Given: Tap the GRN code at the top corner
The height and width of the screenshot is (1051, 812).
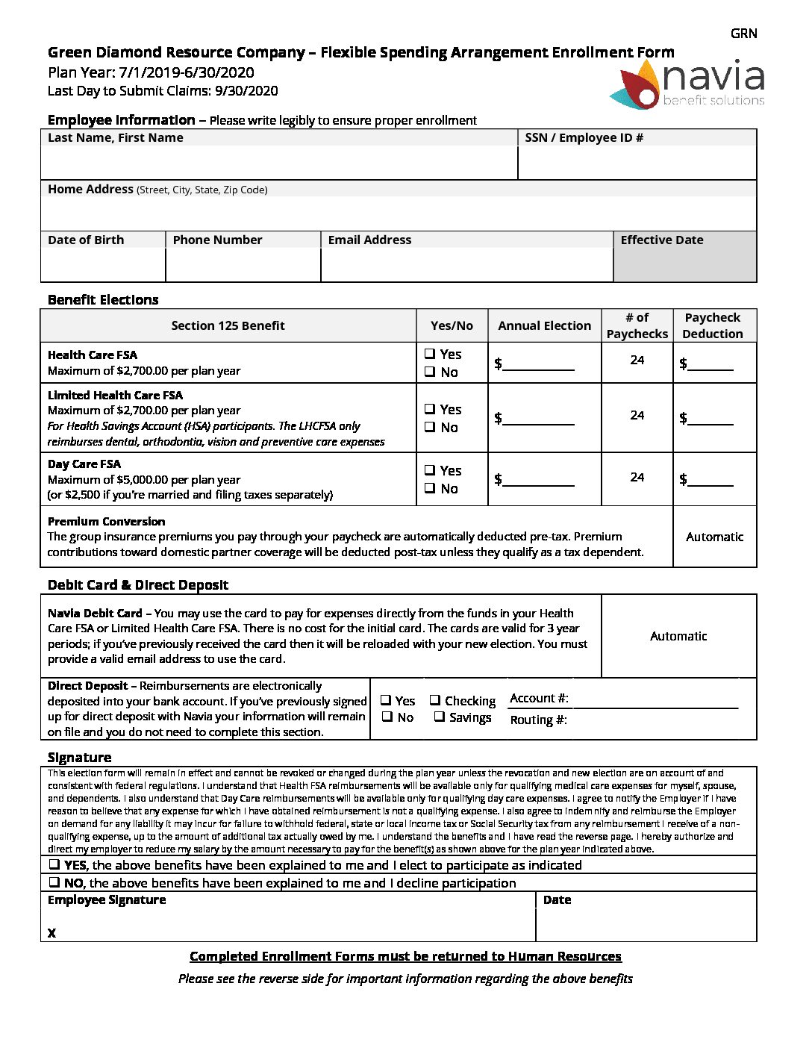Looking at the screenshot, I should click(743, 34).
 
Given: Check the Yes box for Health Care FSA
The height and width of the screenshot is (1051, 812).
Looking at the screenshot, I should click(430, 354).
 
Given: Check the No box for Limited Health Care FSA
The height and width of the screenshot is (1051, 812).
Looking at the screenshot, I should click(430, 427).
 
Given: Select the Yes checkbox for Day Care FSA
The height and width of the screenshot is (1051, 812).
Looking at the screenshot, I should click(430, 470).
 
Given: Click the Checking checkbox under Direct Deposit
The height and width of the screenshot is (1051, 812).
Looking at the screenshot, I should click(435, 700).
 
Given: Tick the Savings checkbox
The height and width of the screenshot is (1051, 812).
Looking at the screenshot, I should click(440, 717).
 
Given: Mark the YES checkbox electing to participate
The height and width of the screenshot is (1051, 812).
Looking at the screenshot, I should click(54, 864).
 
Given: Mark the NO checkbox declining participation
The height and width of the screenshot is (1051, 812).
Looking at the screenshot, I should click(54, 882).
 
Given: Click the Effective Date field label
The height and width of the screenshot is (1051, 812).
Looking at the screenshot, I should click(661, 240).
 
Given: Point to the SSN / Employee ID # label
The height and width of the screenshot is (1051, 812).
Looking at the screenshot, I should click(584, 137).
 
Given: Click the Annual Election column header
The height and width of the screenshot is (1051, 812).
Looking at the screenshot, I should click(544, 325).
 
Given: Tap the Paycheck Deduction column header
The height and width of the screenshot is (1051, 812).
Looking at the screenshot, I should click(712, 325).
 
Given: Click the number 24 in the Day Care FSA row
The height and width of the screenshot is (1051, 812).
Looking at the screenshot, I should click(637, 477).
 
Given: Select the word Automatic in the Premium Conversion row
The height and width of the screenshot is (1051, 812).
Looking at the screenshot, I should click(714, 537).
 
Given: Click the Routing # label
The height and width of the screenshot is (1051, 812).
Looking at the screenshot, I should click(538, 720).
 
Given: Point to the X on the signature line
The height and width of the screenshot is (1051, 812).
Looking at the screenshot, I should click(51, 933).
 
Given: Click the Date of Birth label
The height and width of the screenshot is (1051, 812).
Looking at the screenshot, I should click(86, 240).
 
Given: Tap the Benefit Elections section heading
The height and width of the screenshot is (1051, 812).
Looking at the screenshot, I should click(103, 300).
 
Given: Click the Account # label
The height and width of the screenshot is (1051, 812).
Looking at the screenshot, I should click(539, 698).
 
